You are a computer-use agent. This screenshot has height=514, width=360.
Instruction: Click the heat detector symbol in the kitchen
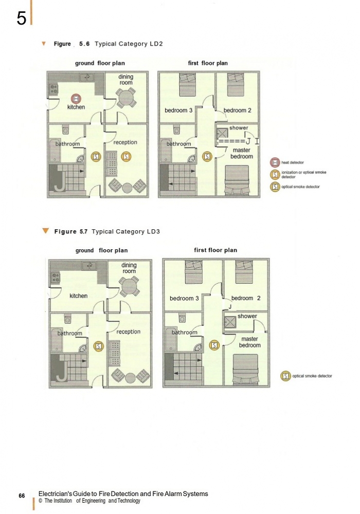click(76, 99)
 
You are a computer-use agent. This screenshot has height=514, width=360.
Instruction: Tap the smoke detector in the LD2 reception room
click(126, 156)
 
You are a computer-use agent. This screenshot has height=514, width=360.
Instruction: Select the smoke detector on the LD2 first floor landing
click(207, 156)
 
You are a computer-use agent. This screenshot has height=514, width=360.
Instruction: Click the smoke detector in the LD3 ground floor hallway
click(99, 346)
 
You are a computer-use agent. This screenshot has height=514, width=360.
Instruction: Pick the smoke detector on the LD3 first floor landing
click(214, 345)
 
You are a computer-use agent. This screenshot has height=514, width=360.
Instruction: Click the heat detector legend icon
click(275, 162)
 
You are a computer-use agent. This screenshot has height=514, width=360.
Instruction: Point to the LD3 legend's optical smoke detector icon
click(285, 376)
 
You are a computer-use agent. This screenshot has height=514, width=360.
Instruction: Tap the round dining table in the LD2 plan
click(126, 97)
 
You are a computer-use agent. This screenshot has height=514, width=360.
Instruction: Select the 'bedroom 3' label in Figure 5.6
click(178, 110)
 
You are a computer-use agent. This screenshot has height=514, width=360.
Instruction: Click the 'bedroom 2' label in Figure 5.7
click(246, 298)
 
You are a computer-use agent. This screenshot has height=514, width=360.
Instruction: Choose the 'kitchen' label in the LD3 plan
click(78, 296)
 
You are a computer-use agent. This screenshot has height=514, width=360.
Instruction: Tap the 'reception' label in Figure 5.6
click(125, 142)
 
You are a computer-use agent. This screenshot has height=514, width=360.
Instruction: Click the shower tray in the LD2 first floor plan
click(222, 133)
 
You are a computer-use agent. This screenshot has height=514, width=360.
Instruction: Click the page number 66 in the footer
click(22, 495)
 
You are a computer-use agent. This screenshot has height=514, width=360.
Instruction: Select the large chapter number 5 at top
click(21, 19)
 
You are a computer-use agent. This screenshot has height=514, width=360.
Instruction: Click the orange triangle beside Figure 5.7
click(46, 231)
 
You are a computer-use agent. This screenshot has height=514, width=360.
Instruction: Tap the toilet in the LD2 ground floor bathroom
click(66, 130)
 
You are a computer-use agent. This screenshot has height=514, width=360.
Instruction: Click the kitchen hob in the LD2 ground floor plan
click(54, 89)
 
